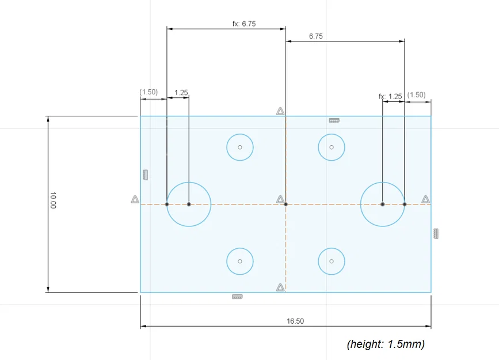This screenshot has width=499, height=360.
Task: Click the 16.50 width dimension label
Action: coord(295,321)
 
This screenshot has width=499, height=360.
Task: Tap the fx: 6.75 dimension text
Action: coord(244,24)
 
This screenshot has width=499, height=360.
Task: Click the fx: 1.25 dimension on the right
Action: coord(390,96)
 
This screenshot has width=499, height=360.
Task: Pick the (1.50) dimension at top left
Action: coord(148,92)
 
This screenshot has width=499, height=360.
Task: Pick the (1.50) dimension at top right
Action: coord(416,94)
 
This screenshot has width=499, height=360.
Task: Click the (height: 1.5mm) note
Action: coord(386,344)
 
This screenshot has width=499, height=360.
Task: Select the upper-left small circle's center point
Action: coord(240,147)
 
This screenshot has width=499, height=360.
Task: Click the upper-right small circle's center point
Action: coord(332,147)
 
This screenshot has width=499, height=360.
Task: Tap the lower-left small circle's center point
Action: coord(240,261)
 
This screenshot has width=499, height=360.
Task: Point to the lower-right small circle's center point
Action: coord(332,261)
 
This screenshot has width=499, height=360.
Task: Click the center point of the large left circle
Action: coord(189,204)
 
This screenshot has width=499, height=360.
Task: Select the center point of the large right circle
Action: coord(382,204)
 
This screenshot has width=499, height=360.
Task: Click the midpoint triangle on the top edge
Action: coord(280,111)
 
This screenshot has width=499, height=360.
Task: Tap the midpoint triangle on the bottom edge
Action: coord(280,287)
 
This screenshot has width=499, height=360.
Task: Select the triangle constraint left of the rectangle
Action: coord(135,199)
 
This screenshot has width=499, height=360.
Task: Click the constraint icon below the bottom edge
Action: coord(237,297)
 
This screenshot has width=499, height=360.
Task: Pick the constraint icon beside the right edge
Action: coord(436,233)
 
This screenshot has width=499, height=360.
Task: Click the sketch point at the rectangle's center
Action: coord(286,204)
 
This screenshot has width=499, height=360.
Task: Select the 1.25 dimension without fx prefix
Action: coord(181,92)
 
